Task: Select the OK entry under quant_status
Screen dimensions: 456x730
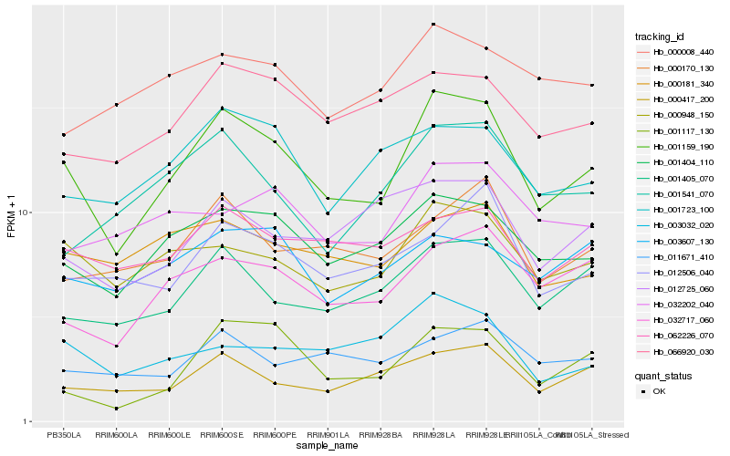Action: [x=659, y=391]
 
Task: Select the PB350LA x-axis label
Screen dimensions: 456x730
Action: [x=63, y=435]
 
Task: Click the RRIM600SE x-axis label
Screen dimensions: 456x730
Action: [x=223, y=435]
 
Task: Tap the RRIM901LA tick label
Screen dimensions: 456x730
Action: [x=328, y=435]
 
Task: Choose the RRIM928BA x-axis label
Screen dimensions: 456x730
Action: [x=381, y=435]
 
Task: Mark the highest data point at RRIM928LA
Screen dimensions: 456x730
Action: [x=433, y=24]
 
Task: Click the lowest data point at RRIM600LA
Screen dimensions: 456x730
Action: [x=116, y=409]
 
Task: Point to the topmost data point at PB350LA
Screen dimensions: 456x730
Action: [x=63, y=134]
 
